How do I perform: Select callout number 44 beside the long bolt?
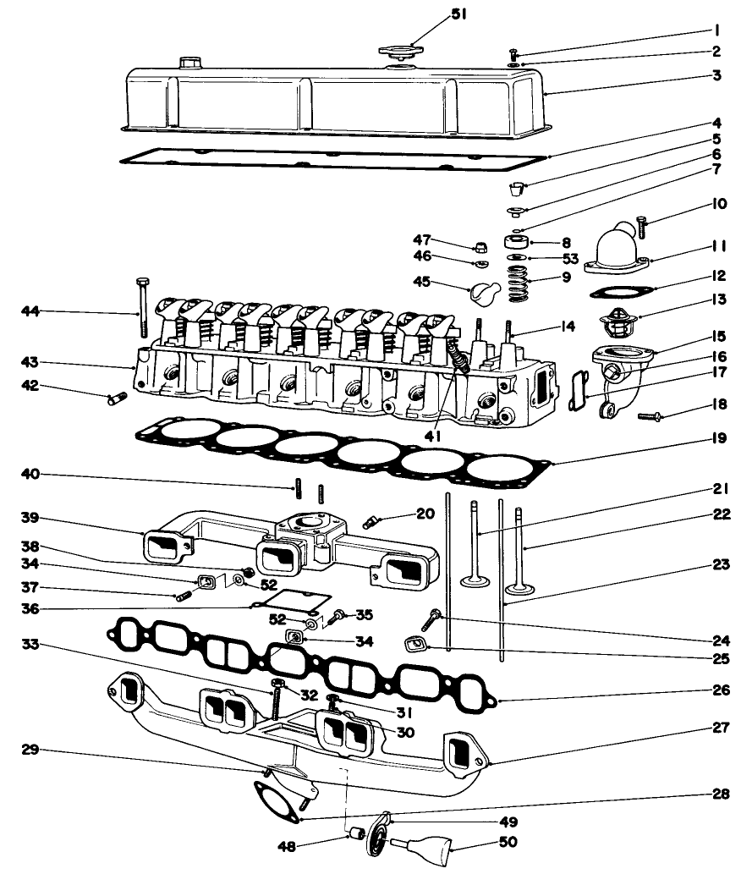click(x=30, y=312)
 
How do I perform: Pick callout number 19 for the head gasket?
click(x=719, y=437)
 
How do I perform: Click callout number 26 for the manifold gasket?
click(x=720, y=690)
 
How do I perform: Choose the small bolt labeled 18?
click(x=651, y=415)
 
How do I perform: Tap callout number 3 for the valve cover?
click(x=716, y=74)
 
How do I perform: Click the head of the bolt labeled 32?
click(x=277, y=683)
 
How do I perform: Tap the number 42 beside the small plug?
click(x=30, y=388)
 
